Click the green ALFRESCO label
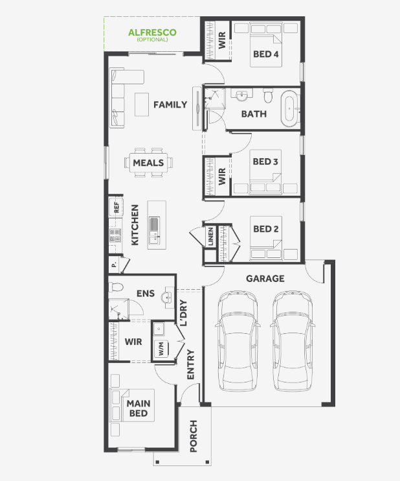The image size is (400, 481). tap(152, 32)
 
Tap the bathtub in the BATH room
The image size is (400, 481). tap(289, 108)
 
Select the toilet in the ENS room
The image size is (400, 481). tap(116, 287)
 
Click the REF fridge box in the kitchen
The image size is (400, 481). tap(116, 207)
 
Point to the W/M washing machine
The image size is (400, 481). tap(161, 349)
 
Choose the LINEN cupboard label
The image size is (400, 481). tap(210, 236)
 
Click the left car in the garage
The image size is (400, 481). tap(238, 341)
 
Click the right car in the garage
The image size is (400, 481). tap(292, 341)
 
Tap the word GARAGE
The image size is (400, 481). tap(265, 279)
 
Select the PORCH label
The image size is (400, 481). tap(194, 436)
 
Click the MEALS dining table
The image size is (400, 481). tap(149, 163)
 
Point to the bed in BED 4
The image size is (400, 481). tap(266, 45)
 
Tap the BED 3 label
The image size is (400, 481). tap(265, 161)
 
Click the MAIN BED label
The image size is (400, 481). tap(139, 408)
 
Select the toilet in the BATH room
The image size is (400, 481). tap(268, 96)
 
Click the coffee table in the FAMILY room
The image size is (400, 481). tap(142, 104)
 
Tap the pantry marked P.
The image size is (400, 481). tap(115, 264)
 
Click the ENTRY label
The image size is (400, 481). tap(190, 364)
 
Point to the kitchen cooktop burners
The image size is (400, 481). tap(115, 235)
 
